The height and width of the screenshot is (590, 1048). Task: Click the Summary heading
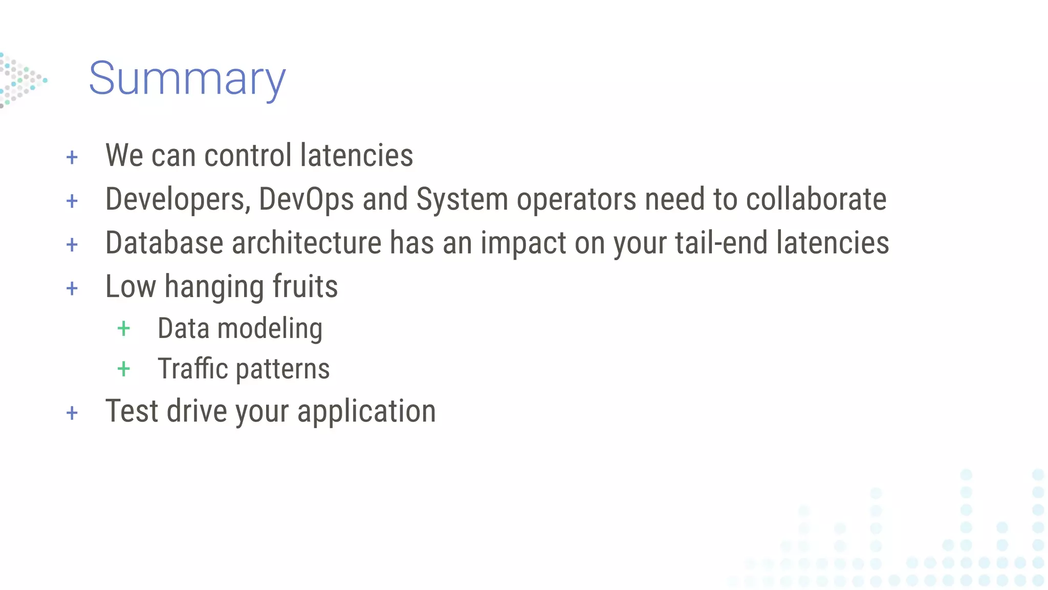(187, 79)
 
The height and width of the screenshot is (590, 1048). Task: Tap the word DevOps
(306, 199)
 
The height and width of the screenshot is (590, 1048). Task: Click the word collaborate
(816, 199)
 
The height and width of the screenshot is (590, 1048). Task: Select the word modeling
(270, 328)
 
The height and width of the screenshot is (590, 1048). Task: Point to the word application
(366, 411)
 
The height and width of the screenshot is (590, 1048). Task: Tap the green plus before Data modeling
(124, 328)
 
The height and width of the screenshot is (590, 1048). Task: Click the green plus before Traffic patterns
(124, 369)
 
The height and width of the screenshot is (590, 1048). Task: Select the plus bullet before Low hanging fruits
(72, 288)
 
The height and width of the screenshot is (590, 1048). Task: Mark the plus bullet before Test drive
(72, 413)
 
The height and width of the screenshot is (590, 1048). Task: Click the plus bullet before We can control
(72, 157)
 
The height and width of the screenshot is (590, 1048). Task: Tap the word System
(462, 199)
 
